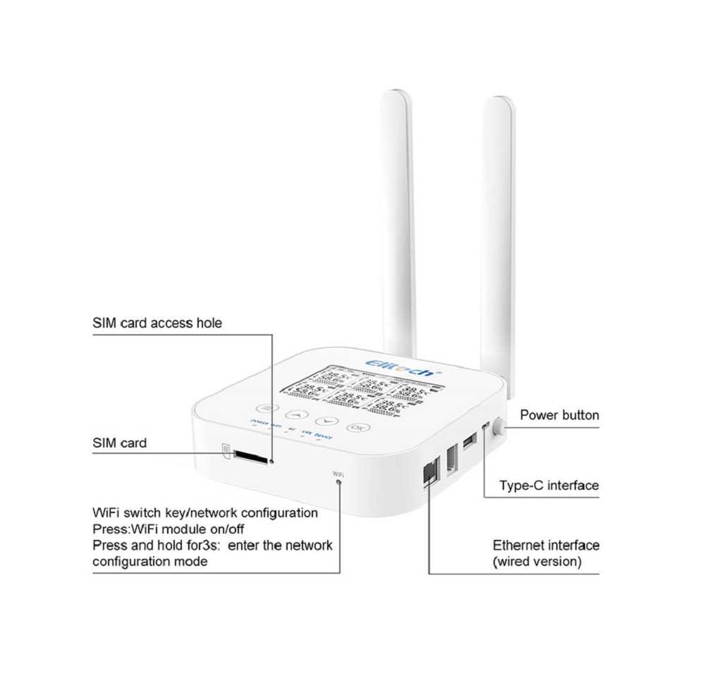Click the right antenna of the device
499,226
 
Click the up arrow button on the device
297,415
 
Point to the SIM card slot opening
250,458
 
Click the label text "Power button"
559,415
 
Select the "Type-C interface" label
548,486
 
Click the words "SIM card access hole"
157,324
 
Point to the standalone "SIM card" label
120,443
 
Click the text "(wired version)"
537,562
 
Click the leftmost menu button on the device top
266,408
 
